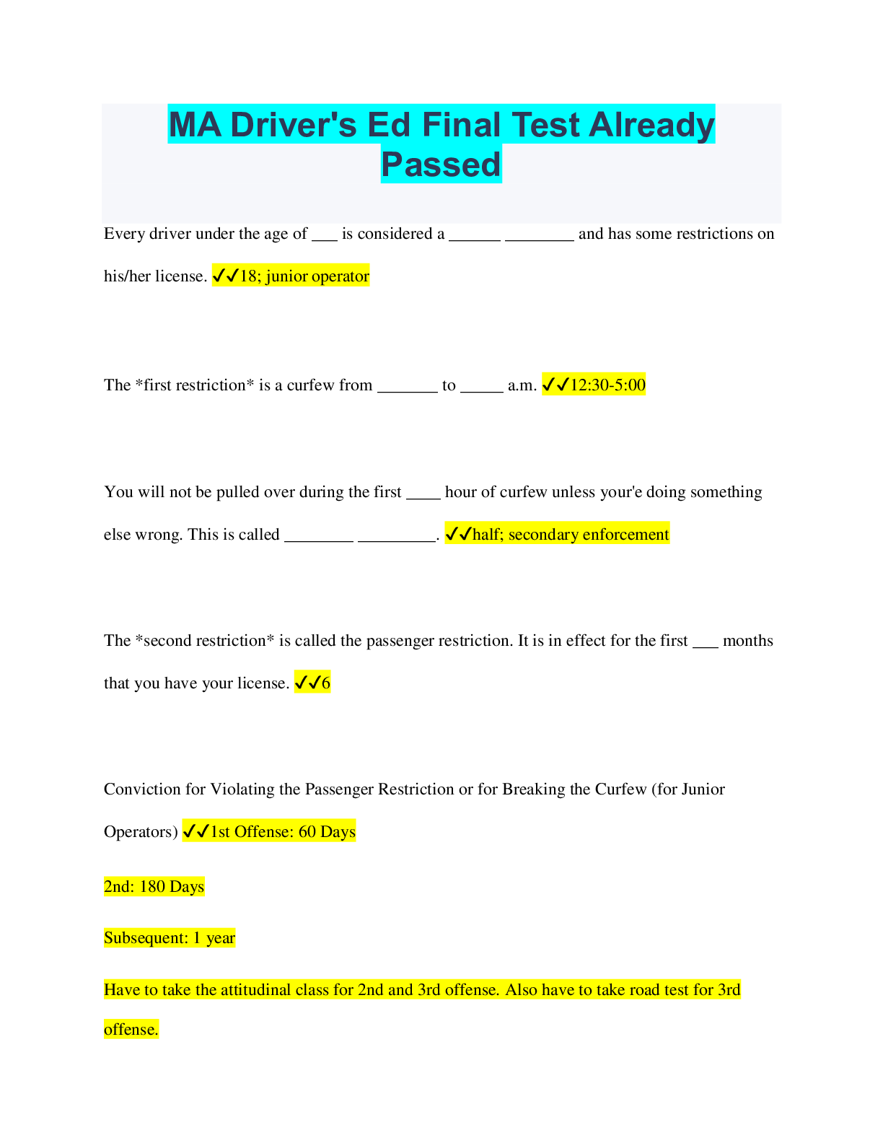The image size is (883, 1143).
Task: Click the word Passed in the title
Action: [441, 165]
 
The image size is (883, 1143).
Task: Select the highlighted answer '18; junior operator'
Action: [304, 276]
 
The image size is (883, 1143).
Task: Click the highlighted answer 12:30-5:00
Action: [607, 385]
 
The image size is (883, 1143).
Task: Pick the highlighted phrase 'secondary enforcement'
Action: [589, 535]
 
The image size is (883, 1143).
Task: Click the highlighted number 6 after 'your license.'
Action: [326, 683]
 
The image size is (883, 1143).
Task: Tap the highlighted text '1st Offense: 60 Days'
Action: [283, 832]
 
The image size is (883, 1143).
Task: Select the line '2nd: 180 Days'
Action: [154, 887]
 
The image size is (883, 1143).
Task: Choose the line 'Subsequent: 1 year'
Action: [170, 938]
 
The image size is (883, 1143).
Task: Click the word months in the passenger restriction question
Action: [747, 641]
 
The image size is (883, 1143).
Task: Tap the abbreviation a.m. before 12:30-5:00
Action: [522, 385]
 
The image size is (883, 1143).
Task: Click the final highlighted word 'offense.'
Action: [131, 1030]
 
